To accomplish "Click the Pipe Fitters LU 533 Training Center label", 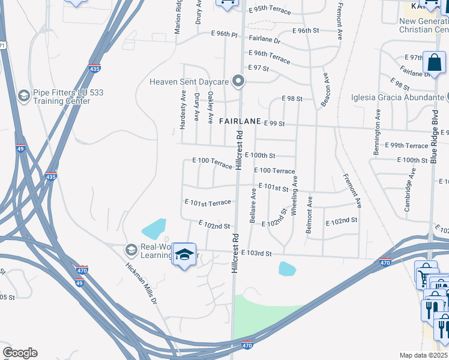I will coord(61,97).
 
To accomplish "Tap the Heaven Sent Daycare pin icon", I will coord(239,81).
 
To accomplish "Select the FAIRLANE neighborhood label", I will coord(240,121).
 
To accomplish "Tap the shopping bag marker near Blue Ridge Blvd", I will coord(434,62).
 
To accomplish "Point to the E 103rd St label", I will coord(256,254).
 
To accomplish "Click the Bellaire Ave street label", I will coord(253,206).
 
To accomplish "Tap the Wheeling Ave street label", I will coord(294,196).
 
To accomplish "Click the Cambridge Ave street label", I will coord(409,190).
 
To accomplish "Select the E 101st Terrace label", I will coord(208,203).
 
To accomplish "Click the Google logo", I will coord(20,353).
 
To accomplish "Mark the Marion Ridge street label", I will coord(178,17).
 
